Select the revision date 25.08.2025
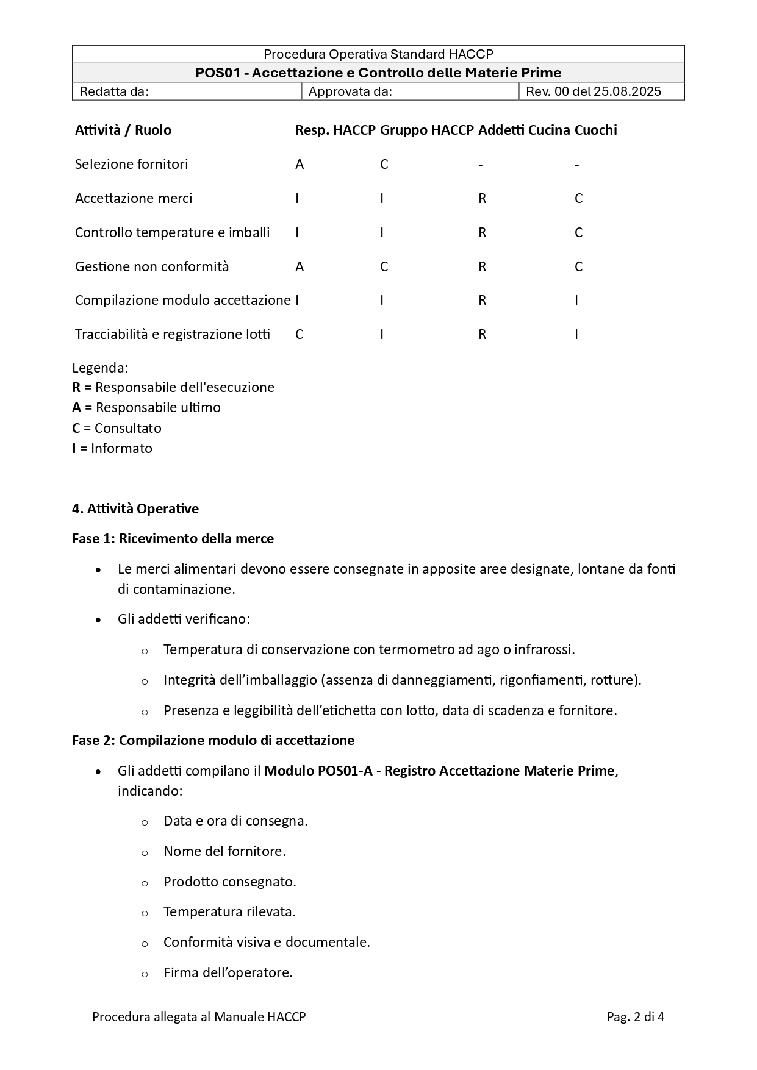click(627, 91)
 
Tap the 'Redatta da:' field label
click(114, 91)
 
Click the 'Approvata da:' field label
click(350, 91)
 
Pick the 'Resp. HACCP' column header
click(335, 130)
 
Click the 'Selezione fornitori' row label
click(131, 164)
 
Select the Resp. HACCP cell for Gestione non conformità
click(300, 266)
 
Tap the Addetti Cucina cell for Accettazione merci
click(482, 198)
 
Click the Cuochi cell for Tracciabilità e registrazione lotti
click(576, 334)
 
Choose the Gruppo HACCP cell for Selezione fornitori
click(384, 164)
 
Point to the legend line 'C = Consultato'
click(117, 428)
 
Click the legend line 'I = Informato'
click(112, 448)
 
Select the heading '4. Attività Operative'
click(135, 508)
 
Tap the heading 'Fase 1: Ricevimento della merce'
click(173, 538)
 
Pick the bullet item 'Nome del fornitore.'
click(224, 851)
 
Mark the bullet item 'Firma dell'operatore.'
click(228, 972)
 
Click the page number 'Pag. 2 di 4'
click(635, 1016)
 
